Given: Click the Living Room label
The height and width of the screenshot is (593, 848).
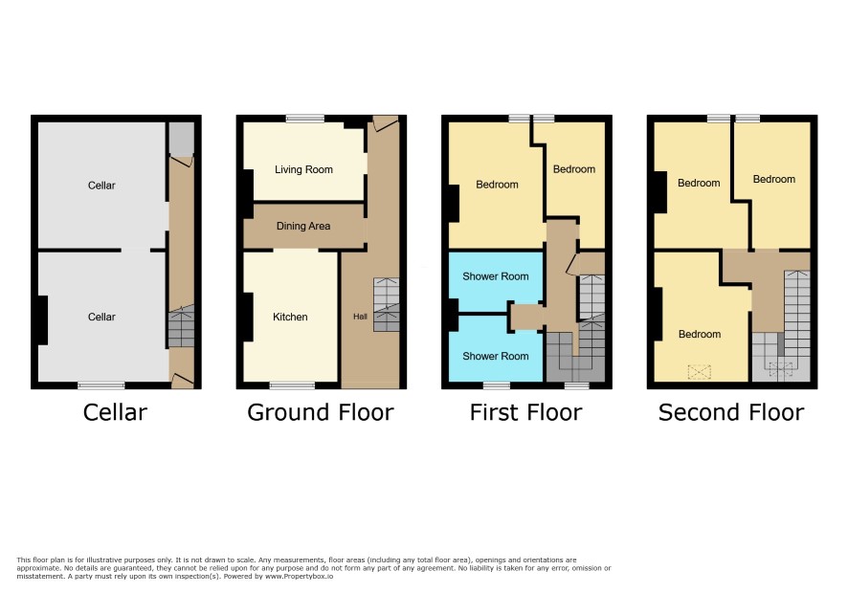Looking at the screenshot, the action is point(303,169).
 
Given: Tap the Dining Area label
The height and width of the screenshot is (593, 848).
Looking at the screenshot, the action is point(303,226).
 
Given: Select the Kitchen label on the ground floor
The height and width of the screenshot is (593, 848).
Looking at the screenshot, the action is point(290,317).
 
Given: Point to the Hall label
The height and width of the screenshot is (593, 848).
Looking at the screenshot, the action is point(360,317).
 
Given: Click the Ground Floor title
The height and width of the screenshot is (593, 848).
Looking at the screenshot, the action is point(321,412).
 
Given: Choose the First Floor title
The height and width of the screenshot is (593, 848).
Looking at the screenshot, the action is point(525,412).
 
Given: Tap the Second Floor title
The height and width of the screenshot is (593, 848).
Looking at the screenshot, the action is point(731,412).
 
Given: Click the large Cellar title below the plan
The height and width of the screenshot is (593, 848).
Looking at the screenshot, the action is point(115,412).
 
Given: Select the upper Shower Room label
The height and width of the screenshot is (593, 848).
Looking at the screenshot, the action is point(496,276).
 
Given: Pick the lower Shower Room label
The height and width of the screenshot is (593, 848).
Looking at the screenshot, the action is point(496,356).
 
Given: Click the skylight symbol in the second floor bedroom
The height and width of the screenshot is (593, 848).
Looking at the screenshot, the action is point(699,372).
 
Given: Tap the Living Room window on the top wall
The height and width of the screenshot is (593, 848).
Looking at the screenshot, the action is point(305,119).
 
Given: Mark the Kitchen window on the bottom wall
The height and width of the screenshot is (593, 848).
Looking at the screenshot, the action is point(292,385).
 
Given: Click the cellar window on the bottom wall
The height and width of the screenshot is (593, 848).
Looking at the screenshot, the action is point(101,385).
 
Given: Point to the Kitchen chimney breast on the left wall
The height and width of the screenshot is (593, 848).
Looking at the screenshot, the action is point(247,317).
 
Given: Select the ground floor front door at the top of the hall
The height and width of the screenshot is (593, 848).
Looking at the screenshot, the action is point(385,123).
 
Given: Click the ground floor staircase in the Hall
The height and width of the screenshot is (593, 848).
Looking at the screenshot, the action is point(386,305).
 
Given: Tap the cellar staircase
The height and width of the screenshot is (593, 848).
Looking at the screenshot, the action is point(181,328).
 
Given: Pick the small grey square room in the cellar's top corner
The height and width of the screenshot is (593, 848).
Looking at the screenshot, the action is point(181,139).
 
